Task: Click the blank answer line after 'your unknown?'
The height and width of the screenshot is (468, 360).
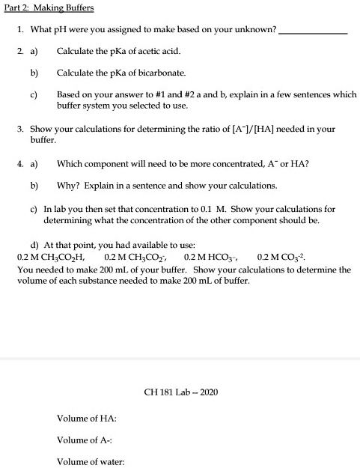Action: [x=317, y=33]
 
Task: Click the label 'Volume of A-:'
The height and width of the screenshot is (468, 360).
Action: [x=85, y=440]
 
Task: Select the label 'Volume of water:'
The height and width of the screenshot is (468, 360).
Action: [x=91, y=461]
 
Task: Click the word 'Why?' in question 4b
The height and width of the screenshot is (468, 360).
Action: [x=67, y=184]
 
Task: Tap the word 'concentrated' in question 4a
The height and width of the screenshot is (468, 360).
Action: [x=216, y=162]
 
